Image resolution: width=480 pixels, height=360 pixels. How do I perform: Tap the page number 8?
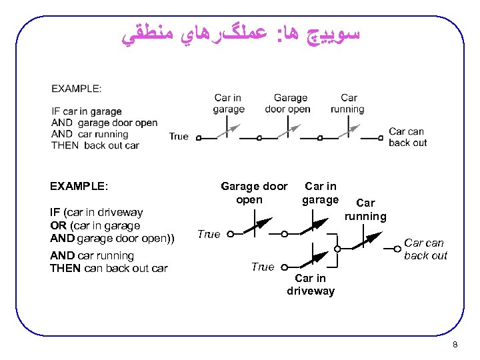coord(455,345)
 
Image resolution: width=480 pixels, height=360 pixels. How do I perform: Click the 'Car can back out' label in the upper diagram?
coord(407,137)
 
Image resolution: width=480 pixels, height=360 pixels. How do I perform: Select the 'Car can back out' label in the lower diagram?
coord(425,249)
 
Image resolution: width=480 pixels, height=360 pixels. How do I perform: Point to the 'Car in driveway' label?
coord(311,285)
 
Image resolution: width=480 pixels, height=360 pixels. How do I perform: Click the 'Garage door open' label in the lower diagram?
coord(254,193)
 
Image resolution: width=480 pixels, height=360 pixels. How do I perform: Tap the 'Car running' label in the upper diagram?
coord(347,103)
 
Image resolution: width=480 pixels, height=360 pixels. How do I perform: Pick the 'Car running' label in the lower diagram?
coord(365,209)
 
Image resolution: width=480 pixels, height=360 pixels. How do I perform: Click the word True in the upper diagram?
coord(179,136)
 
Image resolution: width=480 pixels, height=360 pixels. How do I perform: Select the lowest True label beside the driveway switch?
coord(263,267)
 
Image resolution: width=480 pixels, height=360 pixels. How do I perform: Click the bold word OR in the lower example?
coord(58,225)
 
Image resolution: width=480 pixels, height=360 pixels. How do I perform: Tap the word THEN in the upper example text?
coord(65,145)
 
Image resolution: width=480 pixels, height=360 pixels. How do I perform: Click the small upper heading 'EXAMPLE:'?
coord(77,88)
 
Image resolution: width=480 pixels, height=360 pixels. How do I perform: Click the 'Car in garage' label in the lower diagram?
coord(320,193)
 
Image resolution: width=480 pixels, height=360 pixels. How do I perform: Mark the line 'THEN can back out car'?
coord(109,268)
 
